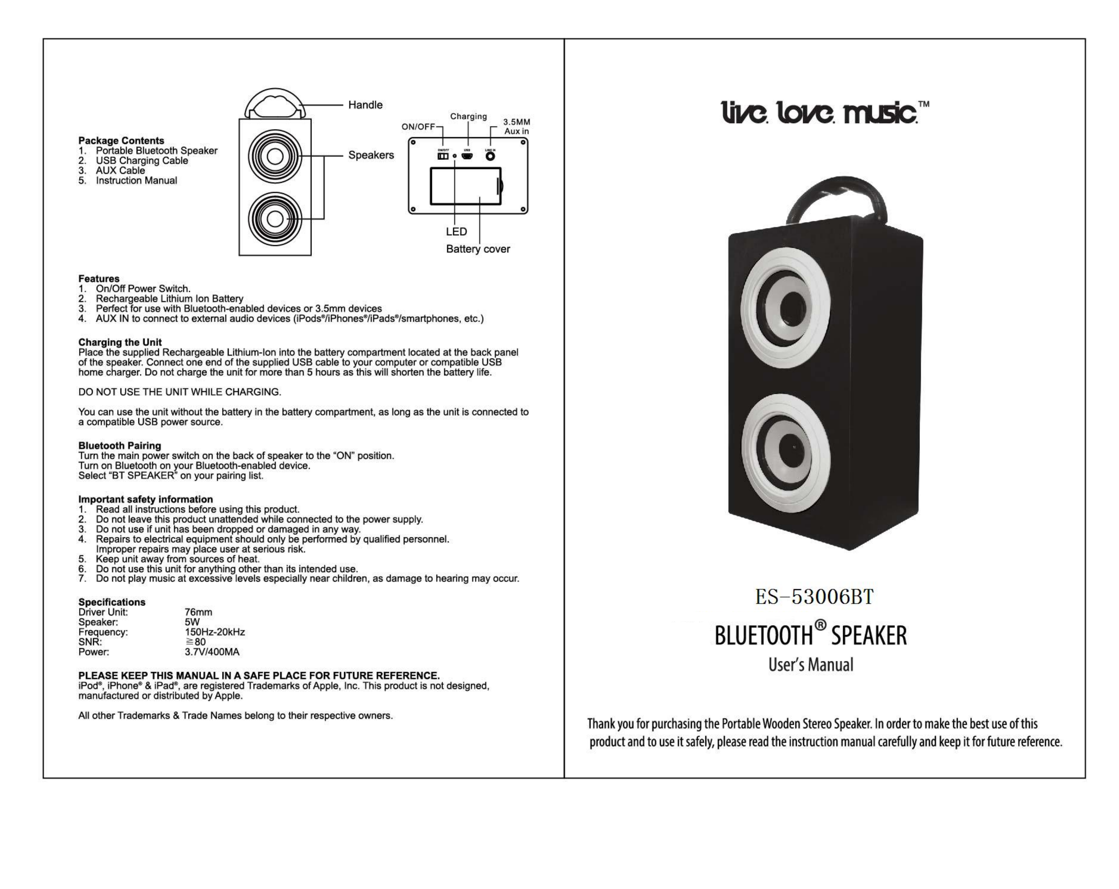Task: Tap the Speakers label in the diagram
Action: click(x=371, y=155)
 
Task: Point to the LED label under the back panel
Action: click(x=456, y=231)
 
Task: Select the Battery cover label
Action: click(x=478, y=249)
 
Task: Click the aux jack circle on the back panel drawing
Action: click(x=490, y=156)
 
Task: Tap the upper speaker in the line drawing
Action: click(x=275, y=156)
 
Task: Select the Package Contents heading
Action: click(x=121, y=141)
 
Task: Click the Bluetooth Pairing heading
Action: click(x=119, y=445)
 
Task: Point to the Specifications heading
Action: click(x=112, y=602)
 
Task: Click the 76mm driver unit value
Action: click(x=198, y=612)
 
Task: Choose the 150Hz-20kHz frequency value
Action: click(x=214, y=632)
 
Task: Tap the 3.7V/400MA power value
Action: click(x=212, y=652)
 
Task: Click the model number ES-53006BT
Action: click(x=814, y=597)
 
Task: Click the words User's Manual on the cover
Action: click(x=811, y=665)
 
